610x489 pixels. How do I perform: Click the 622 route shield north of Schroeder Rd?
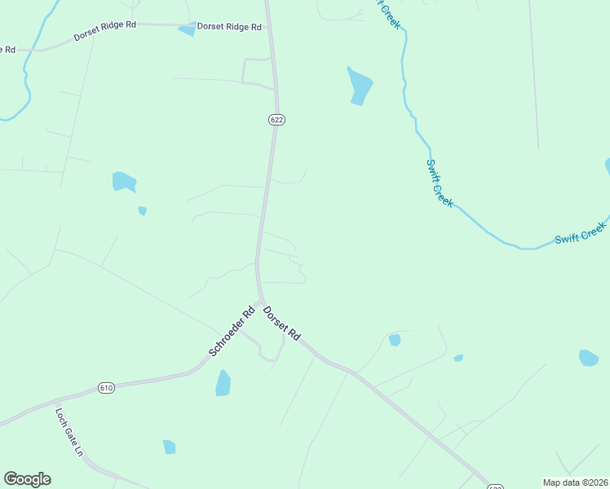click(x=276, y=120)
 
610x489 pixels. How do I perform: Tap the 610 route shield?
click(x=106, y=387)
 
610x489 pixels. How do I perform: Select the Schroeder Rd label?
click(x=232, y=330)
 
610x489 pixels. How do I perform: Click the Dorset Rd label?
click(x=282, y=323)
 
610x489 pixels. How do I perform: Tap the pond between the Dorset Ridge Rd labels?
click(x=188, y=29)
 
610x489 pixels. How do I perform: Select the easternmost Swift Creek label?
click(x=581, y=232)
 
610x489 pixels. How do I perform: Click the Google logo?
click(x=27, y=479)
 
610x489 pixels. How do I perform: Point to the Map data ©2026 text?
click(x=574, y=482)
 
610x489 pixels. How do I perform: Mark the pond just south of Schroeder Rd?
click(x=223, y=382)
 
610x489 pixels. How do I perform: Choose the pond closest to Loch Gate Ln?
click(x=169, y=447)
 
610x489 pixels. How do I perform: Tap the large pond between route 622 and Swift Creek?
click(x=359, y=85)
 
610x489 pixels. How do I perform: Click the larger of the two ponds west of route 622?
click(x=123, y=181)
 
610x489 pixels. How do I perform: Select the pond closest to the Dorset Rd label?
click(x=395, y=340)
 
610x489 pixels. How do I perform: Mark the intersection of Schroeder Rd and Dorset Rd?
click(x=261, y=302)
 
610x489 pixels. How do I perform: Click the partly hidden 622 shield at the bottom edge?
click(x=495, y=487)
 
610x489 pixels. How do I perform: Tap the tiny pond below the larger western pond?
click(x=143, y=211)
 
